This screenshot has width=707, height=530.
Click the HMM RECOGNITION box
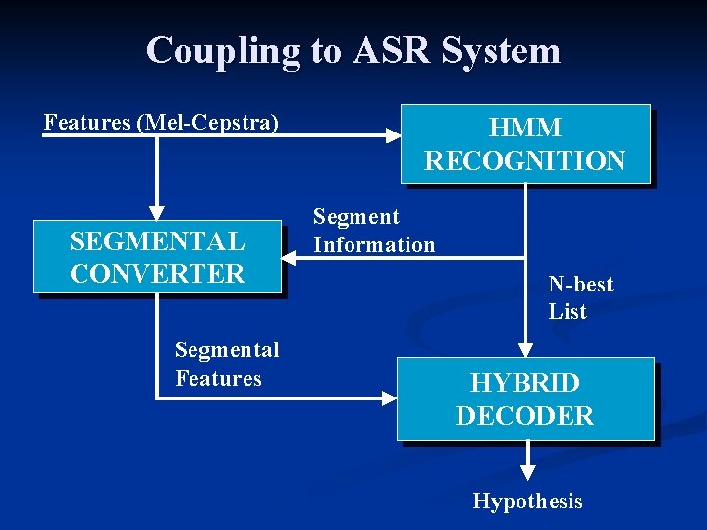tap(525, 143)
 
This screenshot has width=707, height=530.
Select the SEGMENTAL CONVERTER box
tap(157, 257)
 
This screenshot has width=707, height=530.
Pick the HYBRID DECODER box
tap(525, 398)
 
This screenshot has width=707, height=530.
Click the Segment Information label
tap(373, 231)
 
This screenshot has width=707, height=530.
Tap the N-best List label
tap(580, 298)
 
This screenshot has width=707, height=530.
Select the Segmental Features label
tap(227, 364)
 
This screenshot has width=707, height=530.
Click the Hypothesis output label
tap(527, 502)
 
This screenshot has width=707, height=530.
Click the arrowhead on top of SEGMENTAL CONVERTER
tap(156, 212)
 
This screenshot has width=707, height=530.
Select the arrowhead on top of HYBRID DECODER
tap(526, 348)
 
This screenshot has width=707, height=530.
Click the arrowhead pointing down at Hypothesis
tap(527, 473)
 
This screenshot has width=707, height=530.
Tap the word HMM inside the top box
tap(525, 129)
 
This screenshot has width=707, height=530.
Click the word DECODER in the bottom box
tap(525, 416)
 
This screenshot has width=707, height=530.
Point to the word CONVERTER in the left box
tap(157, 274)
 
